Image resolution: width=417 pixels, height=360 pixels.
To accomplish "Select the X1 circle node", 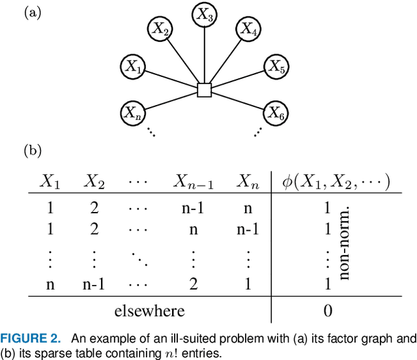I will click(133, 66).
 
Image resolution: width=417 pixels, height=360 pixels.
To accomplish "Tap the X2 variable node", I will click(162, 29).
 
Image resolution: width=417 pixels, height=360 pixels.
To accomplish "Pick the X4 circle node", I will click(248, 29).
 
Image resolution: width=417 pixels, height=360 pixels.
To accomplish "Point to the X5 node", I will click(277, 66).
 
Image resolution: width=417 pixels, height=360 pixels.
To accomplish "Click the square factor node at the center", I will click(205, 90).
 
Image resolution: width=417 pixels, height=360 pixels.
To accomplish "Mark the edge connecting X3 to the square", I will click(205, 55).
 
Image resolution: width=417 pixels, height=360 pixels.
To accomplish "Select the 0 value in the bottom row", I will click(328, 310).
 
